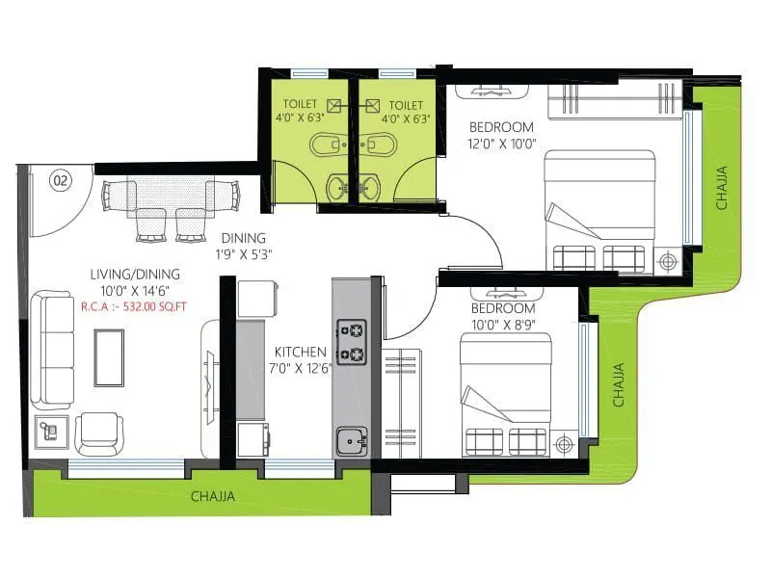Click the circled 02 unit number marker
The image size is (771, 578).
[60, 179]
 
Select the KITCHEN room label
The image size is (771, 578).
[301, 352]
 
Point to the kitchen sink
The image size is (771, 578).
[351, 442]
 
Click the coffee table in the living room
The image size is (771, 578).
[108, 357]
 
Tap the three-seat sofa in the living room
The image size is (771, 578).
[52, 352]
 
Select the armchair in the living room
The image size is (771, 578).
[98, 433]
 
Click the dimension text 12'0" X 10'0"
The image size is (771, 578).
[501, 144]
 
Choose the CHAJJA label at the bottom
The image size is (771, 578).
[212, 497]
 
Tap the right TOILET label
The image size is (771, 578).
[405, 105]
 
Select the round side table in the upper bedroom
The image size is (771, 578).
[667, 260]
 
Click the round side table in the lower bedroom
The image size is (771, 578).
[564, 444]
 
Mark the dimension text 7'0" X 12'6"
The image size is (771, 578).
[301, 368]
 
